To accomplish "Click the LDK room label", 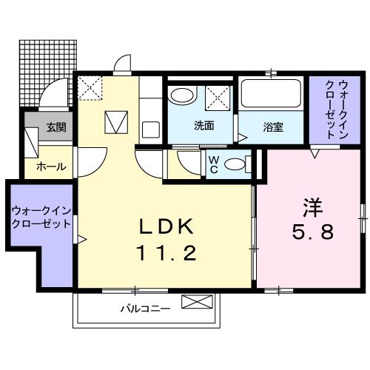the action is [x=166, y=226].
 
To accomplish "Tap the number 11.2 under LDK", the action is [x=167, y=253].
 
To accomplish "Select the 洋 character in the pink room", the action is [x=312, y=208].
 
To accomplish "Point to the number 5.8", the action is [x=313, y=232].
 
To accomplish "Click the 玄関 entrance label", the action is [x=56, y=127].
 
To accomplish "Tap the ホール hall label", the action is [x=51, y=167].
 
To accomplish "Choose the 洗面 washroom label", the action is [x=203, y=126].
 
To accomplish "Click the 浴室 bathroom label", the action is [x=273, y=127].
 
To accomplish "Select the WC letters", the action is [x=214, y=164].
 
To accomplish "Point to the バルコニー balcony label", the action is [x=145, y=309].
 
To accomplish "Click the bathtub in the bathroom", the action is [x=271, y=93].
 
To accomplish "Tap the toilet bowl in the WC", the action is [x=235, y=165].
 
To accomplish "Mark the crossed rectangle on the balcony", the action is [x=197, y=302].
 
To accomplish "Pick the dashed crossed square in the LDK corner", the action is [x=90, y=88].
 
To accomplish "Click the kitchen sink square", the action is [x=151, y=129].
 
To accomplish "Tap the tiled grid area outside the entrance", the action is [x=48, y=73].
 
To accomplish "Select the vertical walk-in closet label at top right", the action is [x=337, y=110].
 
